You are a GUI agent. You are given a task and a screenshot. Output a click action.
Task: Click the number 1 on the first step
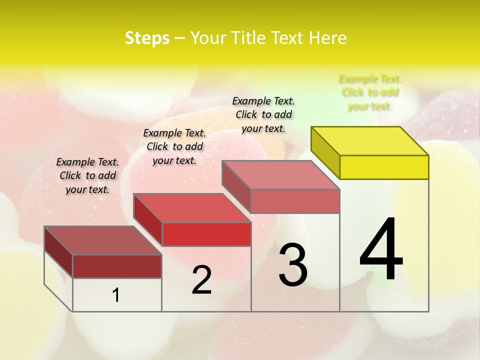point(116,295)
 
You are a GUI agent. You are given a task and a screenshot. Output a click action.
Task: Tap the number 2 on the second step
point(201,280)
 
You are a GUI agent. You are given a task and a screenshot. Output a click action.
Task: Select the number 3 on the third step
point(293,265)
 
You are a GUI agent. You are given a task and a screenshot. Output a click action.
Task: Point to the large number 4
point(381,249)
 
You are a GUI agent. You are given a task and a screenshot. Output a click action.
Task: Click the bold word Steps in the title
point(147,38)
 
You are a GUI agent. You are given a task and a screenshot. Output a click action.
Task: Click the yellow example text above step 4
point(370,92)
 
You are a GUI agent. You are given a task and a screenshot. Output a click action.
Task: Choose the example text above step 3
point(263,114)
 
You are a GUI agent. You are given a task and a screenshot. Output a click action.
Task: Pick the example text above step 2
point(174,146)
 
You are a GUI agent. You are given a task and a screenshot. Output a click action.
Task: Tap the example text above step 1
point(87,175)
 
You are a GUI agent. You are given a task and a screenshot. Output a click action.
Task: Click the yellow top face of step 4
point(370,140)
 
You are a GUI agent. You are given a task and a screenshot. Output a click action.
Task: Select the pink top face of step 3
point(281,175)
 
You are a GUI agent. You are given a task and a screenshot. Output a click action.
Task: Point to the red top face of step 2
point(192,207)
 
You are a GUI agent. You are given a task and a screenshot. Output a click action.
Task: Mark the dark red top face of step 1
point(103,240)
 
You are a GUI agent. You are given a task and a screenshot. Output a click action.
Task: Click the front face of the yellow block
point(384,167)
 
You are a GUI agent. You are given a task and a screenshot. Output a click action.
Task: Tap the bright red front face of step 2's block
point(206,234)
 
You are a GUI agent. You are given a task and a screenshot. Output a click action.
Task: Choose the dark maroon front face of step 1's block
point(117,266)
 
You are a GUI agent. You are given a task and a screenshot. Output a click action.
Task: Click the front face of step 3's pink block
point(295,201)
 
